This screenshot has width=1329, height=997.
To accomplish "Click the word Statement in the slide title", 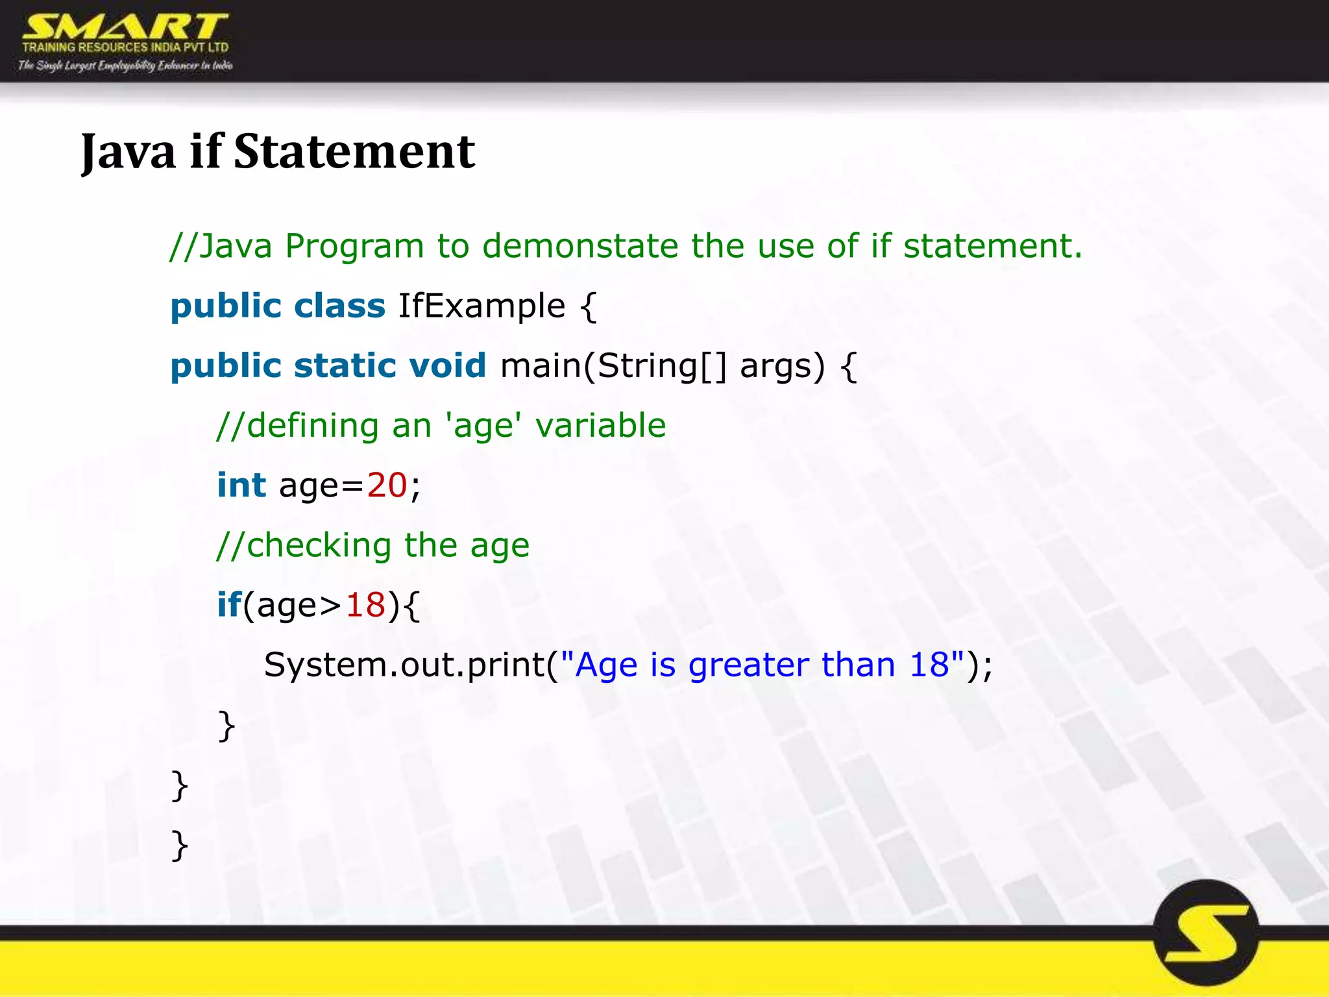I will pyautogui.click(x=354, y=151).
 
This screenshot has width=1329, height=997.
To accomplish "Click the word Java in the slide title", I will pyautogui.click(x=128, y=153).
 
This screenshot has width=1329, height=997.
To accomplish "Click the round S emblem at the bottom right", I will pyautogui.click(x=1206, y=933).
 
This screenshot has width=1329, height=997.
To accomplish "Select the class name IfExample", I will pyautogui.click(x=482, y=306).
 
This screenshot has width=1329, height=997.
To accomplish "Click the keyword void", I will pyautogui.click(x=447, y=365).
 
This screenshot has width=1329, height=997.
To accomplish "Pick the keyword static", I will pyautogui.click(x=345, y=365).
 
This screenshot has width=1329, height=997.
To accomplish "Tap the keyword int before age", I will pyautogui.click(x=241, y=485).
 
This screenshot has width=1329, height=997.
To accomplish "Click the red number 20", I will pyautogui.click(x=387, y=485).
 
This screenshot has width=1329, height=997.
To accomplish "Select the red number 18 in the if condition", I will pyautogui.click(x=365, y=605).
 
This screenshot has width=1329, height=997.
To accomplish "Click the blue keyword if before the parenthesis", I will pyautogui.click(x=228, y=605).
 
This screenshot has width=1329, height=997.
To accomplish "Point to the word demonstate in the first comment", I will pyautogui.click(x=579, y=246).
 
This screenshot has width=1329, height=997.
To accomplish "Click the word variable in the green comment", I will pyautogui.click(x=600, y=426).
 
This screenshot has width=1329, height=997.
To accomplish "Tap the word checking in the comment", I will pyautogui.click(x=319, y=545).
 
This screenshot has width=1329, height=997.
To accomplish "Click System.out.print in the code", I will pyautogui.click(x=404, y=665).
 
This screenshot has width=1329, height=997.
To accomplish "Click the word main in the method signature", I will pyautogui.click(x=541, y=365).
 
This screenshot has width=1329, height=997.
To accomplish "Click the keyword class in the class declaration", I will pyautogui.click(x=339, y=306).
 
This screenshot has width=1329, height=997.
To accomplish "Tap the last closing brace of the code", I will pyautogui.click(x=180, y=844).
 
